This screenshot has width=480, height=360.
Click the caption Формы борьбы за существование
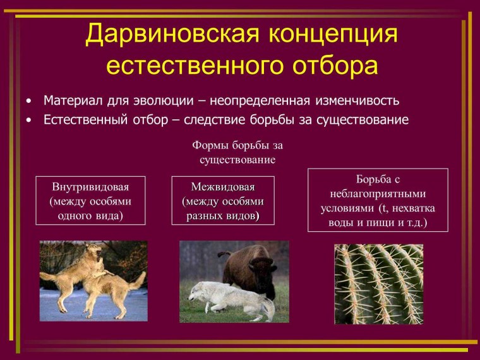237,152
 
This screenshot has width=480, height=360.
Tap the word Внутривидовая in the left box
90,188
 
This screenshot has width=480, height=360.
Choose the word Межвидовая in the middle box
223,188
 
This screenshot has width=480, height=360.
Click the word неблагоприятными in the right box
378,194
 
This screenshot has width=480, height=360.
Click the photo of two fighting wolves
93,280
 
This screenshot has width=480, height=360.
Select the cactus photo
378,284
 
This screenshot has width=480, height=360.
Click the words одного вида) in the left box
90,215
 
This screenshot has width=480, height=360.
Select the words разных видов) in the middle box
223,215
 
